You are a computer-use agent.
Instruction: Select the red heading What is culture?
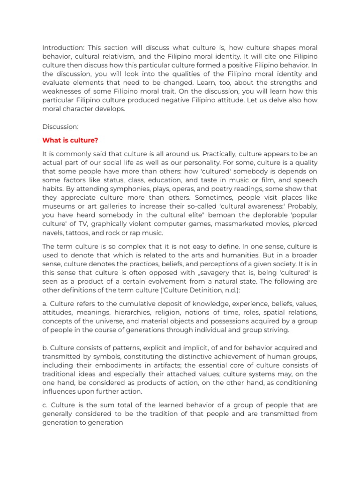(x=70, y=140)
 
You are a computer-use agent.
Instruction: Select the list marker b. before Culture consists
(x=45, y=348)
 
